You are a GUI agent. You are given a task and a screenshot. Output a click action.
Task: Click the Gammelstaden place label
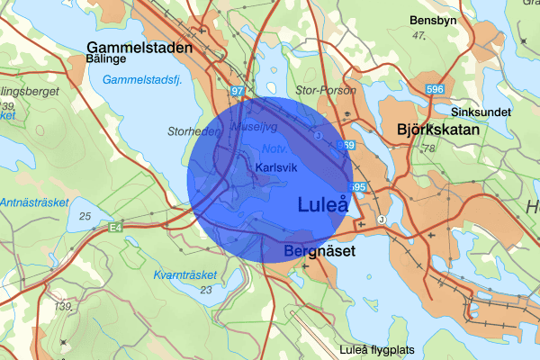(x=139, y=46)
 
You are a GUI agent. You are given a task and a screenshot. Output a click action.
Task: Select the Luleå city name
(x=322, y=205)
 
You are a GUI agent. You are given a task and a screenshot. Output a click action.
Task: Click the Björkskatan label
(x=438, y=130)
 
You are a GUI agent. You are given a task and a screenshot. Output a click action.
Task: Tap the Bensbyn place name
(x=435, y=20)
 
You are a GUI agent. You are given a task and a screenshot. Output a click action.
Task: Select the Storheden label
(x=193, y=131)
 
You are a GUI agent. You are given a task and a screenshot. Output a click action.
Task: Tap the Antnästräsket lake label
(x=33, y=202)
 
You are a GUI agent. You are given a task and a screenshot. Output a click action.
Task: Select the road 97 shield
(x=237, y=92)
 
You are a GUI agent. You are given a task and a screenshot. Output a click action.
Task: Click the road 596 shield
(x=436, y=89)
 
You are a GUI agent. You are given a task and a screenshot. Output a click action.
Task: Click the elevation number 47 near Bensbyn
(x=418, y=35)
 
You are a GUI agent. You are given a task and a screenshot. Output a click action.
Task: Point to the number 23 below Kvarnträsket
(x=206, y=290)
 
